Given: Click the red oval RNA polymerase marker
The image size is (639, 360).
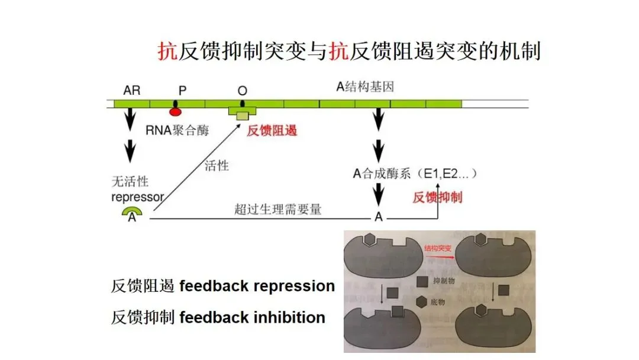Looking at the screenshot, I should [x=175, y=111].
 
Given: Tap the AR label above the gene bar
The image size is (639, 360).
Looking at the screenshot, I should [x=132, y=90].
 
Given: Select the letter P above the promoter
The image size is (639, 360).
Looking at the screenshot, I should [x=182, y=90].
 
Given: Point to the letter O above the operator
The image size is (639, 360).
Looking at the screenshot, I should [x=242, y=90].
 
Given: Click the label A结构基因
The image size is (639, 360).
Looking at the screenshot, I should [x=364, y=87].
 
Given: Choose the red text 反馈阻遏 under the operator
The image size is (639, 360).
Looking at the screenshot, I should [x=272, y=130].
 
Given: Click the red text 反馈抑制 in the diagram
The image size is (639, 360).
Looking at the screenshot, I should [x=437, y=197].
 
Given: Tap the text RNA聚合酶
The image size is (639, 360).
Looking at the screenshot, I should [x=177, y=130].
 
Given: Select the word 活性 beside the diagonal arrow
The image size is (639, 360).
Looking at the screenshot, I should [x=216, y=165].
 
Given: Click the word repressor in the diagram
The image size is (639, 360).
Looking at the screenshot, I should [x=137, y=197].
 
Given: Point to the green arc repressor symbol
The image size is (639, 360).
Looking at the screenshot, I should [x=133, y=211].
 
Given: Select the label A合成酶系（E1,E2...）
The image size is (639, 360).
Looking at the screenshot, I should [x=415, y=173].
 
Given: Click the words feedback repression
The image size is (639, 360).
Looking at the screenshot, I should [x=257, y=286].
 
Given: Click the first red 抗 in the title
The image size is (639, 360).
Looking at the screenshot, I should [x=167, y=52].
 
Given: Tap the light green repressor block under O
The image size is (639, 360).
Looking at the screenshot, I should [x=242, y=116].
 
